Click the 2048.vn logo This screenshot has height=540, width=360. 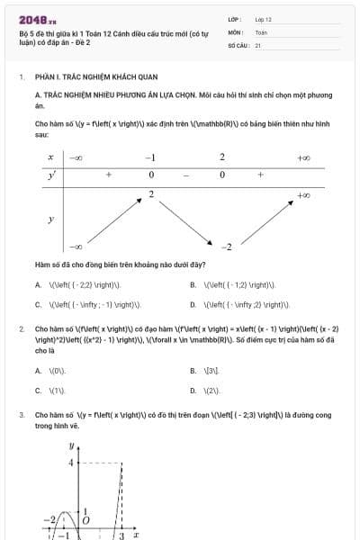click(38, 19)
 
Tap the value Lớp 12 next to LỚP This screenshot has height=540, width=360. click(264, 19)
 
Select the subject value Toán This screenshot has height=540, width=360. click(261, 31)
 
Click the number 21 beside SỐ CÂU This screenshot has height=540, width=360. click(258, 44)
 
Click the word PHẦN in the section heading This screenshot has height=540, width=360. click(45, 77)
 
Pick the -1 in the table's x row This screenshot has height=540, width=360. click(150, 157)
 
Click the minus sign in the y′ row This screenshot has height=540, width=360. click(186, 174)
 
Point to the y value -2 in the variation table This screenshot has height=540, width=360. click(228, 247)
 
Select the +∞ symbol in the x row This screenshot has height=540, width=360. click(303, 157)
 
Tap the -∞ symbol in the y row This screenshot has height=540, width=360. click(76, 247)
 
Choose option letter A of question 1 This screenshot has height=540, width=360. click(39, 285)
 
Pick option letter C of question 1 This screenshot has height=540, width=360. click(39, 304)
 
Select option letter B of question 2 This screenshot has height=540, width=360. click(193, 371)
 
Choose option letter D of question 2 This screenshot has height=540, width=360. click(193, 391)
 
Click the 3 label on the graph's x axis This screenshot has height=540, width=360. click(121, 535)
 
